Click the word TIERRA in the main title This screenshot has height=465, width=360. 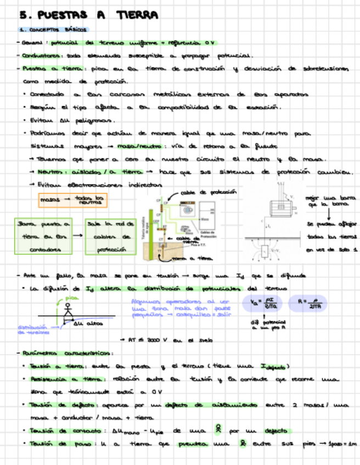[x=137, y=15]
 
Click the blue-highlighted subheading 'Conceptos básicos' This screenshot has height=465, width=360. [x=54, y=30]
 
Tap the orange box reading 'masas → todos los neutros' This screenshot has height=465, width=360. [x=72, y=201]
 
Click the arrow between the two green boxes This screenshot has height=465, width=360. [x=78, y=236]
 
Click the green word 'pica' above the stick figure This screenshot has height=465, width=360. [x=71, y=298]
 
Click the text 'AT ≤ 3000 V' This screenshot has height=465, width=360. [x=144, y=339]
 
